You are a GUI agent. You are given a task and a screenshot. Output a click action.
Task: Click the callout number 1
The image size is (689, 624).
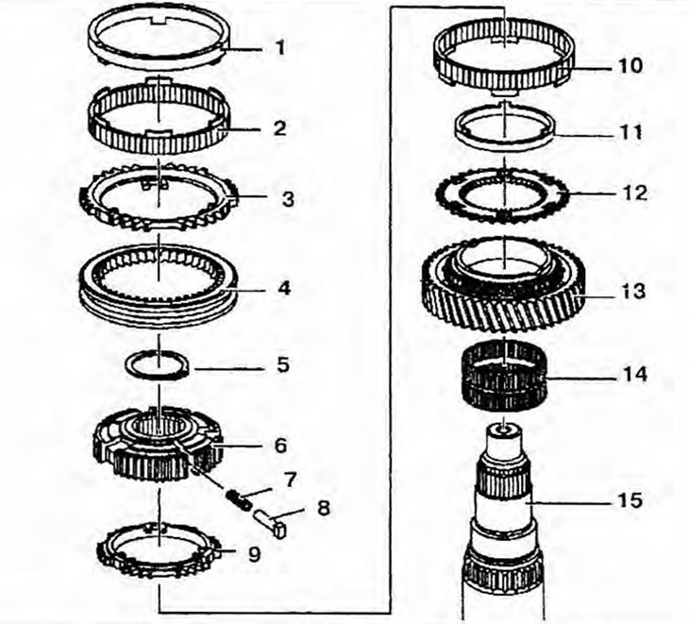279,46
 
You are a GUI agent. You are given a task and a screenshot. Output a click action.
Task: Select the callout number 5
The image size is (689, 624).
281,364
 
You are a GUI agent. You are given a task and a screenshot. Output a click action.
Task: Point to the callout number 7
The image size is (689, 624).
290,480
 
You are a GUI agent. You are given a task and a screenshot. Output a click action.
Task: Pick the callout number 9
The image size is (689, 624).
253,555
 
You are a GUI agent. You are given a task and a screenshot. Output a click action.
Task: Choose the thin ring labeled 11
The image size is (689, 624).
507,127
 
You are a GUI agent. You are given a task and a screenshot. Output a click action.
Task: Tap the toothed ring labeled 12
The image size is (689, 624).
506,197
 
